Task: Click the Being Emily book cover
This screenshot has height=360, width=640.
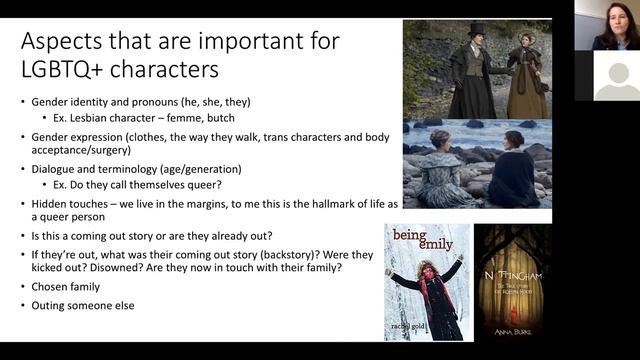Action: coord(426,283)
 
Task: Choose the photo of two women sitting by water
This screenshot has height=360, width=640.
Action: coord(475,165)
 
